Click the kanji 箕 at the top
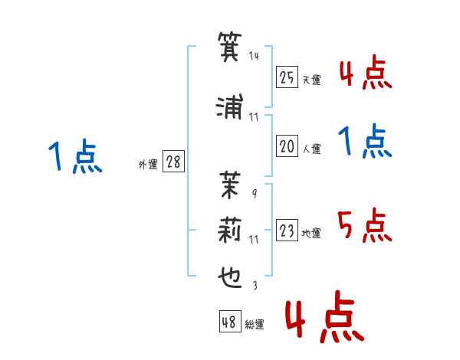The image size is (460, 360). coord(230,47)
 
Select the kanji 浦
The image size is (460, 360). coord(230,106)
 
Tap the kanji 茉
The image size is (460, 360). coord(230,185)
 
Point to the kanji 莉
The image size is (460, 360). coord(230,231)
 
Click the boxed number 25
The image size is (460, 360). coord(287,77)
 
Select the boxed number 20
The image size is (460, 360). coord(287,146)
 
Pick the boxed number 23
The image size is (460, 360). coord(287,230)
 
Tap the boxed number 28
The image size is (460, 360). coord(173,162)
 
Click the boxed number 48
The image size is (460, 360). coord(230,321)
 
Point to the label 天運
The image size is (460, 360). coord(312,80)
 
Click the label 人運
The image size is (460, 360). coord(312,149)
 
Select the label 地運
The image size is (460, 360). coord(311,233)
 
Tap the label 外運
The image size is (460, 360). coord(148,165)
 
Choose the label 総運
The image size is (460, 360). coord(255,324)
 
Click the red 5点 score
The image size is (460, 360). coord(364,225)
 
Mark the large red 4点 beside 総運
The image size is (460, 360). coord(324,316)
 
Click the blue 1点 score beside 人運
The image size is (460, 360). coord(365,141)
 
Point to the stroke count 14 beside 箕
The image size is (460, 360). coord(254,56)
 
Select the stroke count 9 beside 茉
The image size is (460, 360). coord(255,194)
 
